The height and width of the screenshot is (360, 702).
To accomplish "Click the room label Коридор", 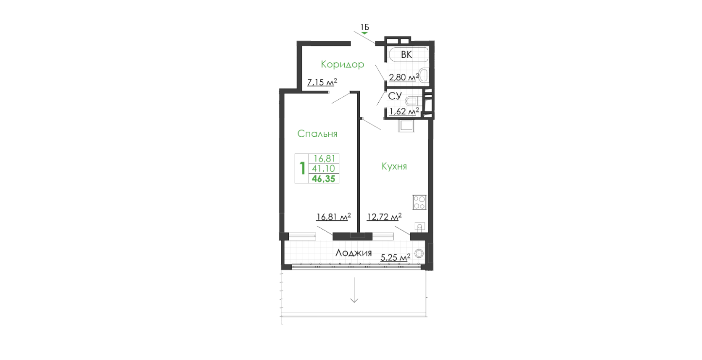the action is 343,65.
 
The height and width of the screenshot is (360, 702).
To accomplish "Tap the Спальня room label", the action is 317,134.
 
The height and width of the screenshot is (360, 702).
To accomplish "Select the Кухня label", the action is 394,166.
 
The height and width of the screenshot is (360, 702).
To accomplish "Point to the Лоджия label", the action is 353,253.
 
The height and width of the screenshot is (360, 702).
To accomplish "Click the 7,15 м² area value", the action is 322,82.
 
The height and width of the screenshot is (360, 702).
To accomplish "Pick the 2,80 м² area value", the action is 404,77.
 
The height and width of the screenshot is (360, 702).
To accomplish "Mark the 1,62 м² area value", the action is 404,111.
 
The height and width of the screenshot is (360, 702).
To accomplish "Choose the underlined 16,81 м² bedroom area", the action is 333,216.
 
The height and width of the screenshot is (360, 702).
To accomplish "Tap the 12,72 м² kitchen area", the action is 384,216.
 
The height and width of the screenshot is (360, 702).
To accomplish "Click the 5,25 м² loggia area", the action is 395,257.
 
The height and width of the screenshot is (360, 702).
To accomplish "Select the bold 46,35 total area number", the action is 323,179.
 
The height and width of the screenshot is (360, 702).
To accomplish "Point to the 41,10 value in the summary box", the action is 323,169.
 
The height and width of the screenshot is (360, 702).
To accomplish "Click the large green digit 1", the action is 302,169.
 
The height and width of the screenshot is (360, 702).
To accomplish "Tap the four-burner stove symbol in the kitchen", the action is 420,202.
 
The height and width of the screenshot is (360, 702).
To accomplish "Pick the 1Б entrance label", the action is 364,27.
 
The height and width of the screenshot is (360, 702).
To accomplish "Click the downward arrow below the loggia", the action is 354,290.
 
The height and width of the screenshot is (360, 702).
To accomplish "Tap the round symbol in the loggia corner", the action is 419,253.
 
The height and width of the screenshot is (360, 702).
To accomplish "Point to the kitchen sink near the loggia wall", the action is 420,227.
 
